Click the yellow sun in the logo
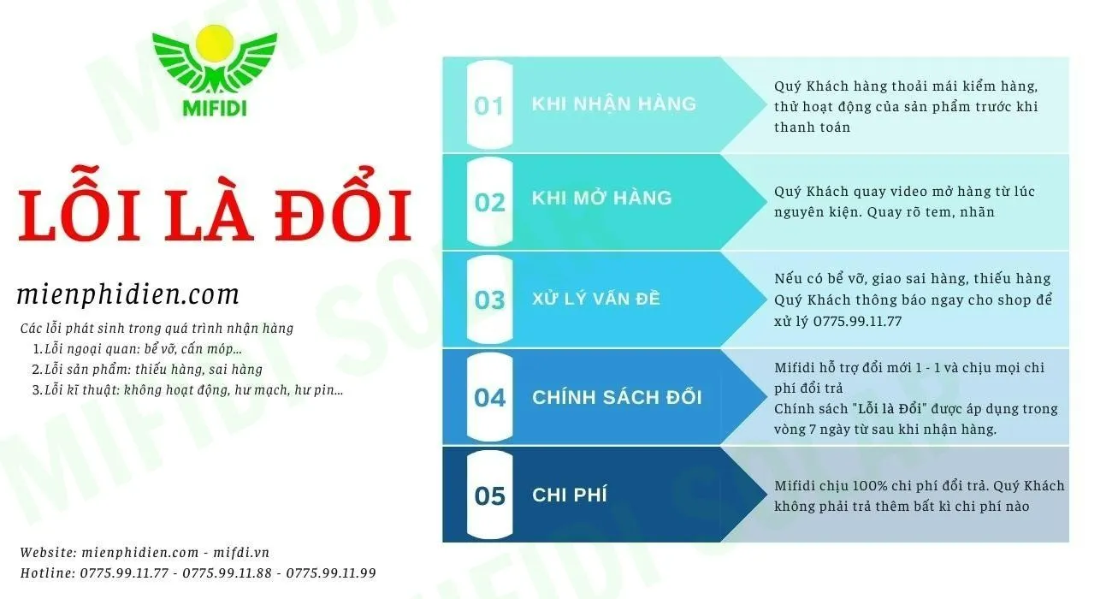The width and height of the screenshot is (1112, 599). tap(215, 44)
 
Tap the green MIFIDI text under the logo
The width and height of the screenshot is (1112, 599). tap(215, 109)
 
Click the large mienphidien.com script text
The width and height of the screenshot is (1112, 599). tap(128, 294)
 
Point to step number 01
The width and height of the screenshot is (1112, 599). tap(489, 106)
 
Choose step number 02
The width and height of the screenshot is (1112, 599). tap(489, 203)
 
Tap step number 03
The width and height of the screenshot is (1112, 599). tap(489, 300)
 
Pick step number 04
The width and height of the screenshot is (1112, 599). tap(489, 398)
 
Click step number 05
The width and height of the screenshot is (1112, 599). tap(489, 495)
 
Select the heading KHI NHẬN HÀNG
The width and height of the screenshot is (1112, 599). tap(614, 103)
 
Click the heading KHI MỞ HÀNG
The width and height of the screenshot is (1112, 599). tap(601, 197)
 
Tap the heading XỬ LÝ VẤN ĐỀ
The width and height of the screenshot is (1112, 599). tap(596, 298)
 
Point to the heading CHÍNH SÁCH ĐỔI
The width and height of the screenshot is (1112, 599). tap(617, 396)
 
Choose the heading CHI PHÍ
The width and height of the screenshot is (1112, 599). tap(570, 495)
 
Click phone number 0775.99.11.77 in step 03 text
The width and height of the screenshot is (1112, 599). tap(857, 322)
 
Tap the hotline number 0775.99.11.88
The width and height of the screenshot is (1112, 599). tap(228, 573)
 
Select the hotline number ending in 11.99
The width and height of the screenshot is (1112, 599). tap(331, 573)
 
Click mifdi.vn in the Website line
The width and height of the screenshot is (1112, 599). tap(241, 552)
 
